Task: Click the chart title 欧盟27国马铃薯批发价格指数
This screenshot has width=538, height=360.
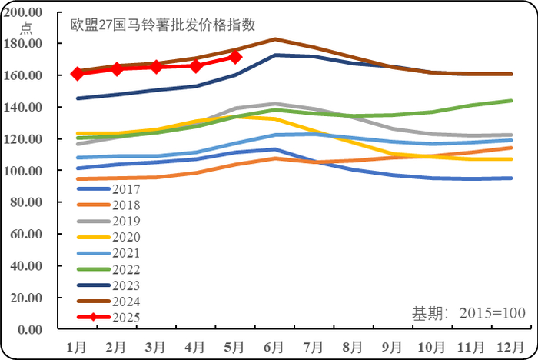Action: (x=163, y=24)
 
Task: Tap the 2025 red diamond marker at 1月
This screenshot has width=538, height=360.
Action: (x=78, y=73)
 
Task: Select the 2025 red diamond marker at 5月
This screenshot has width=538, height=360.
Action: (x=236, y=58)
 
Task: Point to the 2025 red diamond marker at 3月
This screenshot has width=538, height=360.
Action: (x=157, y=67)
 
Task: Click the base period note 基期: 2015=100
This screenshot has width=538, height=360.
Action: (x=468, y=313)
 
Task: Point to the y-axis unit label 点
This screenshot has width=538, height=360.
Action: (x=26, y=28)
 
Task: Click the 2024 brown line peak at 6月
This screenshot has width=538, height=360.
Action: (x=276, y=39)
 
